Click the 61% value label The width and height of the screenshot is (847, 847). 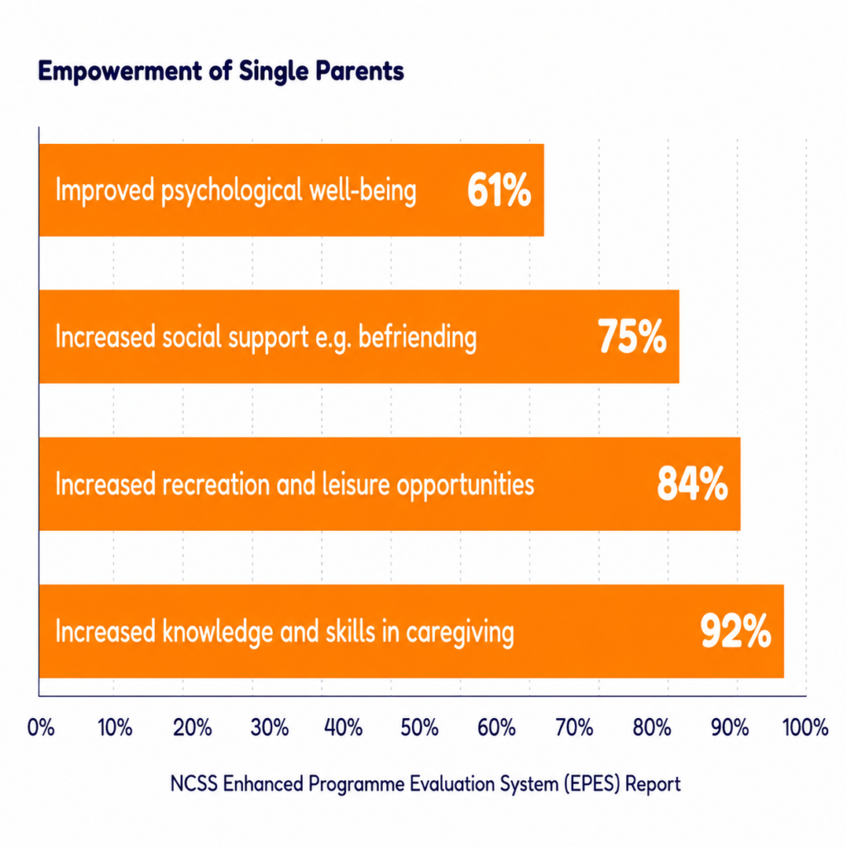499,190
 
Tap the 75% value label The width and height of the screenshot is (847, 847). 632,337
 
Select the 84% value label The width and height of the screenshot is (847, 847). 692,483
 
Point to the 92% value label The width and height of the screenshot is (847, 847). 735,630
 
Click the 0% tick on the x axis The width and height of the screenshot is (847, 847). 41,728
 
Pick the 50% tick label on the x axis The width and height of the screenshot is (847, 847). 419,728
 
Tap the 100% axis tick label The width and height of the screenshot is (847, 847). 805,728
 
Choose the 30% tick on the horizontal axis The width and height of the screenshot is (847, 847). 270,728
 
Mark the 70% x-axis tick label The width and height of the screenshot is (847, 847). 574,728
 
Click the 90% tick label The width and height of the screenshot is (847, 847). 730,728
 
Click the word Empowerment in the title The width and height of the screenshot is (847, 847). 120,72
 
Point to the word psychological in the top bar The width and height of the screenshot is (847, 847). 232,192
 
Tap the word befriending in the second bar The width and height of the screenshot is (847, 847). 418,338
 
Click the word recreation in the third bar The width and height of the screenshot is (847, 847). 216,484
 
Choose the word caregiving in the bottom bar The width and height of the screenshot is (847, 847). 460,633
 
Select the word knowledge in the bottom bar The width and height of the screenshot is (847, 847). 218,631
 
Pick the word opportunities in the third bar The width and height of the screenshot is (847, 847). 466,485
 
